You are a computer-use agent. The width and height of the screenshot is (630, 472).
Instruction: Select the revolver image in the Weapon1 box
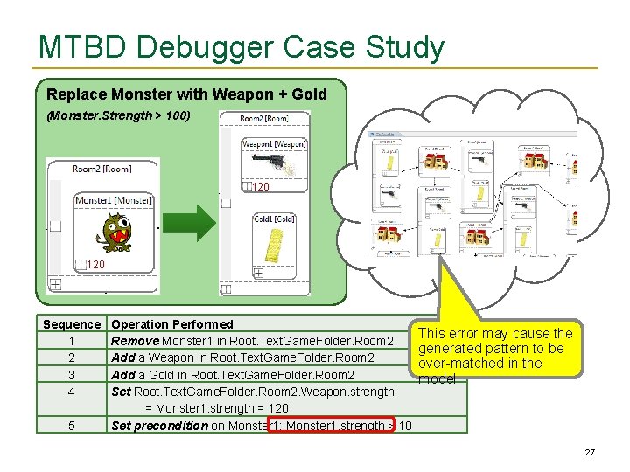[273, 163]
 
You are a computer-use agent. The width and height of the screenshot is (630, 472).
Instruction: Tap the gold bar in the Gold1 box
[272, 246]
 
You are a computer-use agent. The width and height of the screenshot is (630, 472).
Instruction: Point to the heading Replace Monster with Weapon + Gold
[186, 94]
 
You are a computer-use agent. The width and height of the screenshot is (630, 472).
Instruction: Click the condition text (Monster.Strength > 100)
[118, 115]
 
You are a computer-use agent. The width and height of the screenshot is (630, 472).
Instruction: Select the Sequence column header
[72, 324]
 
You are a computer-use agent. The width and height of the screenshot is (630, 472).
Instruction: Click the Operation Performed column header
[172, 324]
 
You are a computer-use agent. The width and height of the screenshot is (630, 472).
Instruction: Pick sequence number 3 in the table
[72, 375]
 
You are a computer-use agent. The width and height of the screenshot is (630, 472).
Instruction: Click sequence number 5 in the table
[72, 426]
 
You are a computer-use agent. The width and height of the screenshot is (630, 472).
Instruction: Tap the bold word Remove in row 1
[134, 341]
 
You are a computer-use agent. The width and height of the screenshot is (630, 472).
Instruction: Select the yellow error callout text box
[495, 349]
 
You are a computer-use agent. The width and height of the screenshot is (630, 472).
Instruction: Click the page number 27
[589, 453]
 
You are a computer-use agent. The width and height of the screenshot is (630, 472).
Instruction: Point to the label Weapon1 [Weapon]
[273, 143]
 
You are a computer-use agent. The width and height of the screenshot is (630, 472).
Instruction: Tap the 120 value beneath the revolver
[260, 187]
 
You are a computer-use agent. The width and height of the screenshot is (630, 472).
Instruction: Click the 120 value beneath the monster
[94, 265]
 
